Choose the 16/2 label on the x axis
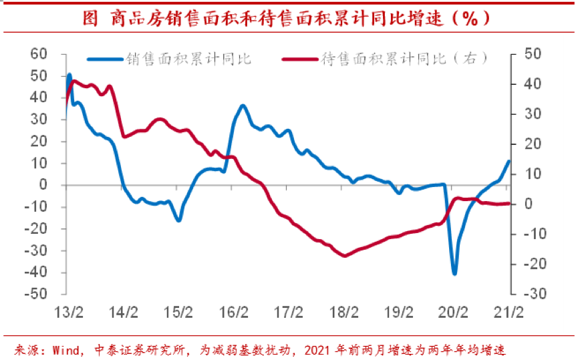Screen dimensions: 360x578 (x=234, y=311)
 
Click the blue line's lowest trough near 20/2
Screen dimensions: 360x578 (x=454, y=274)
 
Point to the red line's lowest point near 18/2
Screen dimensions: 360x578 (x=345, y=256)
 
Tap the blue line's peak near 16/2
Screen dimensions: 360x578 (x=243, y=106)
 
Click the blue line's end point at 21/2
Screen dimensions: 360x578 (x=509, y=160)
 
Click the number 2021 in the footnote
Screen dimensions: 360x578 (x=327, y=349)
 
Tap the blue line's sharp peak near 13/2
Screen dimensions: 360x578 (x=69, y=74)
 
